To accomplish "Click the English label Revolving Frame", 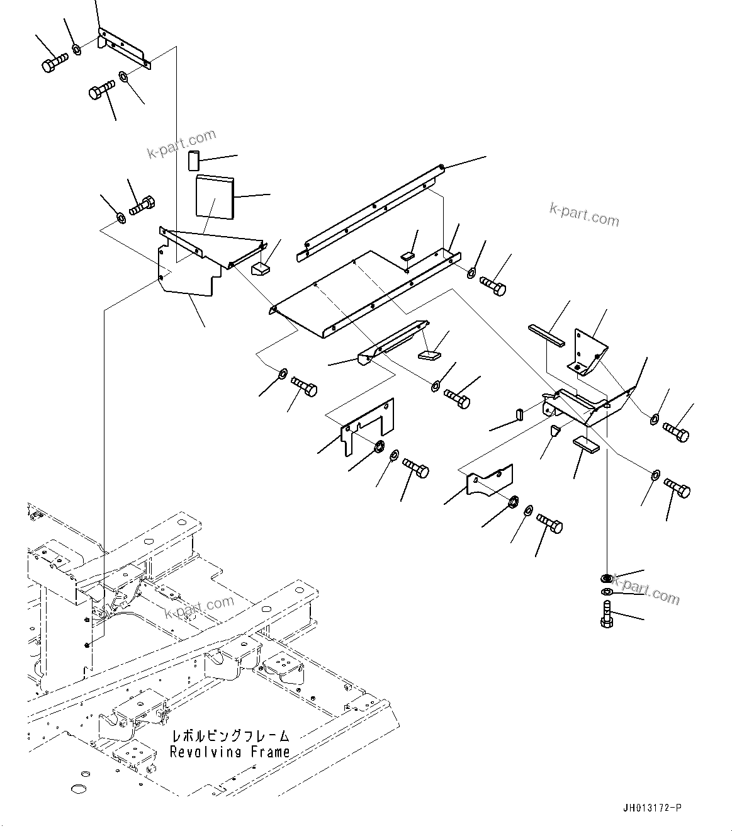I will pyautogui.click(x=230, y=752).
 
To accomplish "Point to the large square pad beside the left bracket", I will pyautogui.click(x=214, y=197).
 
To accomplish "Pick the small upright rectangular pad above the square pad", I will pyautogui.click(x=193, y=160).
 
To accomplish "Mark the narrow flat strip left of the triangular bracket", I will pyautogui.click(x=546, y=335).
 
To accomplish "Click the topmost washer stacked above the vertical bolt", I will pyautogui.click(x=605, y=579).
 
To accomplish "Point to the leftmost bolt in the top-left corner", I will pyautogui.click(x=53, y=63).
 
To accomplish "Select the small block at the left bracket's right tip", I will pyautogui.click(x=260, y=269).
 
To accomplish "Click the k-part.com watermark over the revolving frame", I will pyautogui.click(x=199, y=608).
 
